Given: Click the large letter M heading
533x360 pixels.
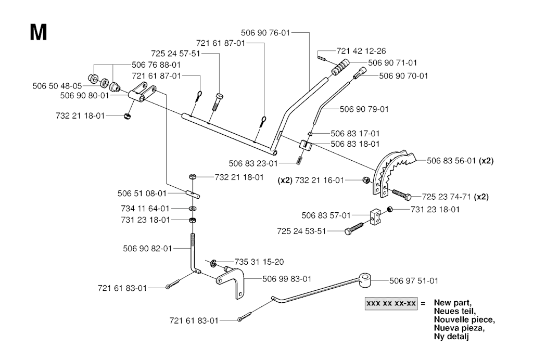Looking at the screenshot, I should click(39, 32).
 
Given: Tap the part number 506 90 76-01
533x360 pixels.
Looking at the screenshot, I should click(265, 32).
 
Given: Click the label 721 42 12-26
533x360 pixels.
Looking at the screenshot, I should click(361, 51).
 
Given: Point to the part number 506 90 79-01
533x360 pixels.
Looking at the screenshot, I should click(364, 109).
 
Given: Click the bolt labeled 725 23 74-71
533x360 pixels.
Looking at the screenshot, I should click(400, 196).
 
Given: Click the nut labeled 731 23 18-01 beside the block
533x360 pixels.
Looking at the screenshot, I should click(389, 210).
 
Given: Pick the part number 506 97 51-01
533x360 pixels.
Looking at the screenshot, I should click(413, 280).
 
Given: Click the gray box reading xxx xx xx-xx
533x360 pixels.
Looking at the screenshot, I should click(391, 303).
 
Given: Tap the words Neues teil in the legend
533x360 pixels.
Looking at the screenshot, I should click(454, 311).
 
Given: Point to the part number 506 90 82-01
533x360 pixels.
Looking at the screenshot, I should click(147, 249).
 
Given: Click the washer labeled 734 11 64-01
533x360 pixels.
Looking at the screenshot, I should click(192, 209).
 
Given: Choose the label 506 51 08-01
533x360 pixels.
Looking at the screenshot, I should click(142, 194).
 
